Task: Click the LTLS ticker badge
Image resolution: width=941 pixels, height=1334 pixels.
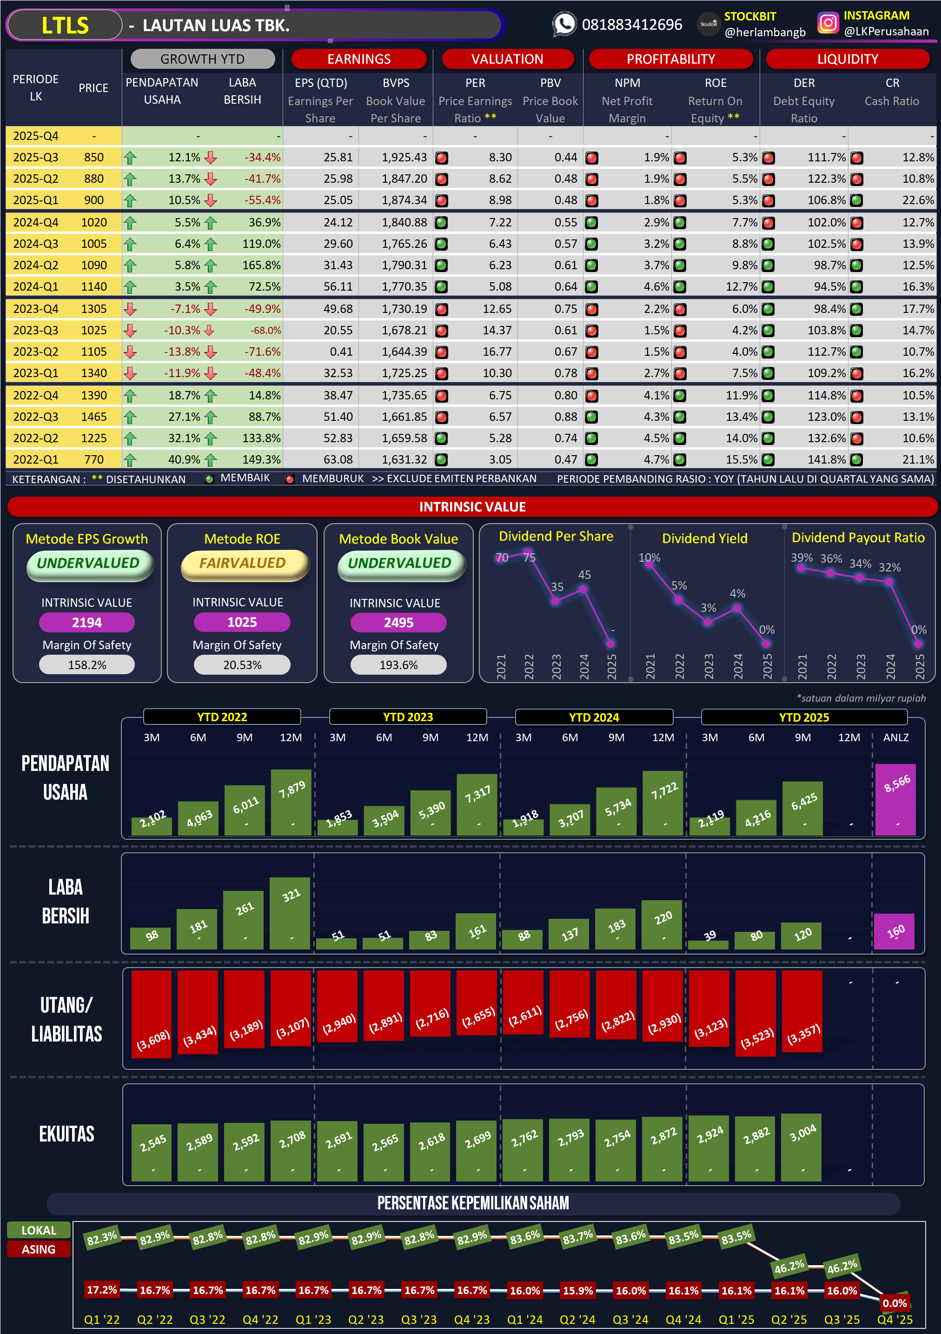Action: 65,26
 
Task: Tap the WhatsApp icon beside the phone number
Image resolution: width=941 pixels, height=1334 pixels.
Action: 563,24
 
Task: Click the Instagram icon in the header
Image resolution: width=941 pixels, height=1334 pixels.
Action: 828,23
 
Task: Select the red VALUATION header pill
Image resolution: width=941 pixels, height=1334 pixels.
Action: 507,59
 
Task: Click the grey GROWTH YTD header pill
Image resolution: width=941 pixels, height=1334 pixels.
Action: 202,59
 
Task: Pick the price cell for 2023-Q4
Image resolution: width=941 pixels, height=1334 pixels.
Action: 93,309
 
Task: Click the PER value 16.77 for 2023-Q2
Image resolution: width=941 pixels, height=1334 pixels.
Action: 497,352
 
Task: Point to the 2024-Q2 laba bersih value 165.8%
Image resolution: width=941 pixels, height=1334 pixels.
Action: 261,265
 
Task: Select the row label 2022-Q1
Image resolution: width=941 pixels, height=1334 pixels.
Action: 35,459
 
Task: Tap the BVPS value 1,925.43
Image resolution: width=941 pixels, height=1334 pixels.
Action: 404,158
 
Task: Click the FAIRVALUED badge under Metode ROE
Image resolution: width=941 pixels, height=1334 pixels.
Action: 243,564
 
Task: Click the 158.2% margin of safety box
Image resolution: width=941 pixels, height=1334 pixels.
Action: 87,665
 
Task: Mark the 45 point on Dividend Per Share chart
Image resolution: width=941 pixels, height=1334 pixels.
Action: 583,589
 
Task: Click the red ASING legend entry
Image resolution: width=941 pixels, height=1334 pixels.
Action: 39,1249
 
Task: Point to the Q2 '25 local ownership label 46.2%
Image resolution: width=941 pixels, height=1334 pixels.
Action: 789,1266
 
